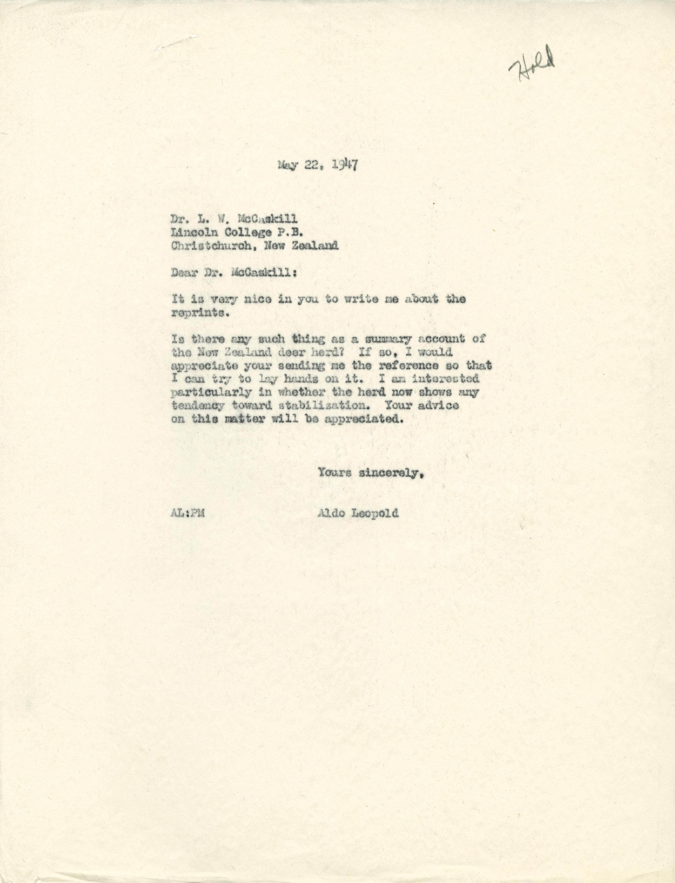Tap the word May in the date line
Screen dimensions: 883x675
pos(288,165)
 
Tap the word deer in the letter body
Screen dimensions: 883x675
pos(286,352)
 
